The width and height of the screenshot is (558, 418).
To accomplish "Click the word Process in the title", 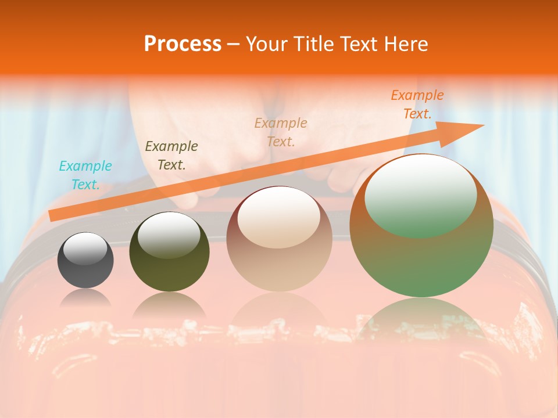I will coord(183,44).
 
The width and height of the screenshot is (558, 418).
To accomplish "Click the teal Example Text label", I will coord(85,175).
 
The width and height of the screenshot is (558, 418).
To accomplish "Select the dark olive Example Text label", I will coord(171,156).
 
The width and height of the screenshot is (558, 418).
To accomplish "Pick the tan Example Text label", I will coord(281,132).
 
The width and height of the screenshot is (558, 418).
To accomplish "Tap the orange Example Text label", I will coord(417,105).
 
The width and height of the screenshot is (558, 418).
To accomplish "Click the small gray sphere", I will coord(85,260).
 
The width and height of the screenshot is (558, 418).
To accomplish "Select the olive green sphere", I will coord(169,251).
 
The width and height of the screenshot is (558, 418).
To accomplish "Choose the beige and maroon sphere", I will coord(280,239).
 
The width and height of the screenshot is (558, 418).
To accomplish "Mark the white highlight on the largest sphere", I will coord(421,196).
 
